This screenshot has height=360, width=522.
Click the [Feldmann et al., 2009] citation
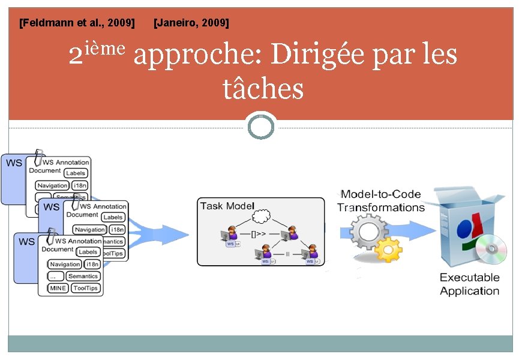pos(77,23)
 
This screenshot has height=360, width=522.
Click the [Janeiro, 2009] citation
pos(191,23)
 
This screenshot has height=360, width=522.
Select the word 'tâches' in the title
pos(263,89)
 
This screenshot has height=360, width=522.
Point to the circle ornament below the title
pos(261,127)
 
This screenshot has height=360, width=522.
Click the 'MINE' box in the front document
pos(58,288)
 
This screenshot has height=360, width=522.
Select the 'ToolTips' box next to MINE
pos(85,288)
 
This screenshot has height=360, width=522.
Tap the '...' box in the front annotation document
pos(56,276)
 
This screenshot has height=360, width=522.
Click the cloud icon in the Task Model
pos(262,216)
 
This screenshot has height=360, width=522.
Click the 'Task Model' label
pos(227,206)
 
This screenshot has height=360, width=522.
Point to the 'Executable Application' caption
pos(469,284)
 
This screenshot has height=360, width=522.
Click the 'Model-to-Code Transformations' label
pos(380,201)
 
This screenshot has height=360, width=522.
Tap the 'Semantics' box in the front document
pos(83,276)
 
